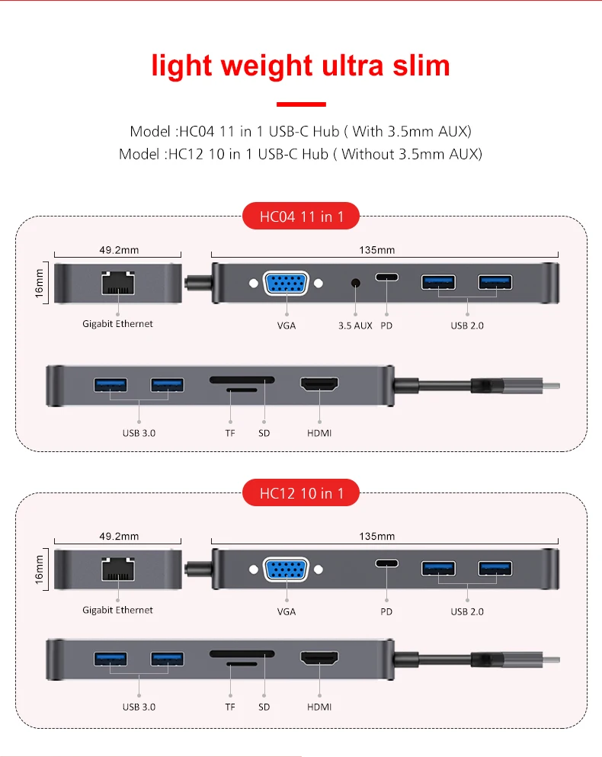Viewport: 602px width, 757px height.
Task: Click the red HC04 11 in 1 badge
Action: pyautogui.click(x=301, y=217)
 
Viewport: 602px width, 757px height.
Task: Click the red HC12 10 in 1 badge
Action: pyautogui.click(x=301, y=493)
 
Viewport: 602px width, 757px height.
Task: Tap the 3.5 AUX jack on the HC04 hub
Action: pyautogui.click(x=355, y=284)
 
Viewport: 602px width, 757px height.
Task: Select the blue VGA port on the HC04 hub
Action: pyautogui.click(x=286, y=283)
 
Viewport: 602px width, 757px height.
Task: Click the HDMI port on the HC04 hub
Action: pyautogui.click(x=320, y=385)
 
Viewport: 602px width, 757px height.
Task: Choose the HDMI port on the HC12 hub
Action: pyautogui.click(x=320, y=659)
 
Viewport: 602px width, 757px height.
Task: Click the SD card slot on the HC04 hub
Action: pyautogui.click(x=242, y=379)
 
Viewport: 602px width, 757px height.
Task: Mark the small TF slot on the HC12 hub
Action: pyautogui.click(x=243, y=663)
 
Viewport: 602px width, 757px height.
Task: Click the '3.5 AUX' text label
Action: pyautogui.click(x=355, y=326)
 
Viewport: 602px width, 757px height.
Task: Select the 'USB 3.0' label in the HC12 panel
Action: pyautogui.click(x=139, y=707)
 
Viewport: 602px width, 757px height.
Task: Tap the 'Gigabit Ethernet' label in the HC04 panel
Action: pyautogui.click(x=117, y=323)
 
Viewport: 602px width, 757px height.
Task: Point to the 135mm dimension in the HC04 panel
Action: pyautogui.click(x=385, y=250)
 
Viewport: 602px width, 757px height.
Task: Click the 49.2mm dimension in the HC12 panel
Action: pyautogui.click(x=119, y=536)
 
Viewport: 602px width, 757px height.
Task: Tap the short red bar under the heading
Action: pyautogui.click(x=300, y=104)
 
